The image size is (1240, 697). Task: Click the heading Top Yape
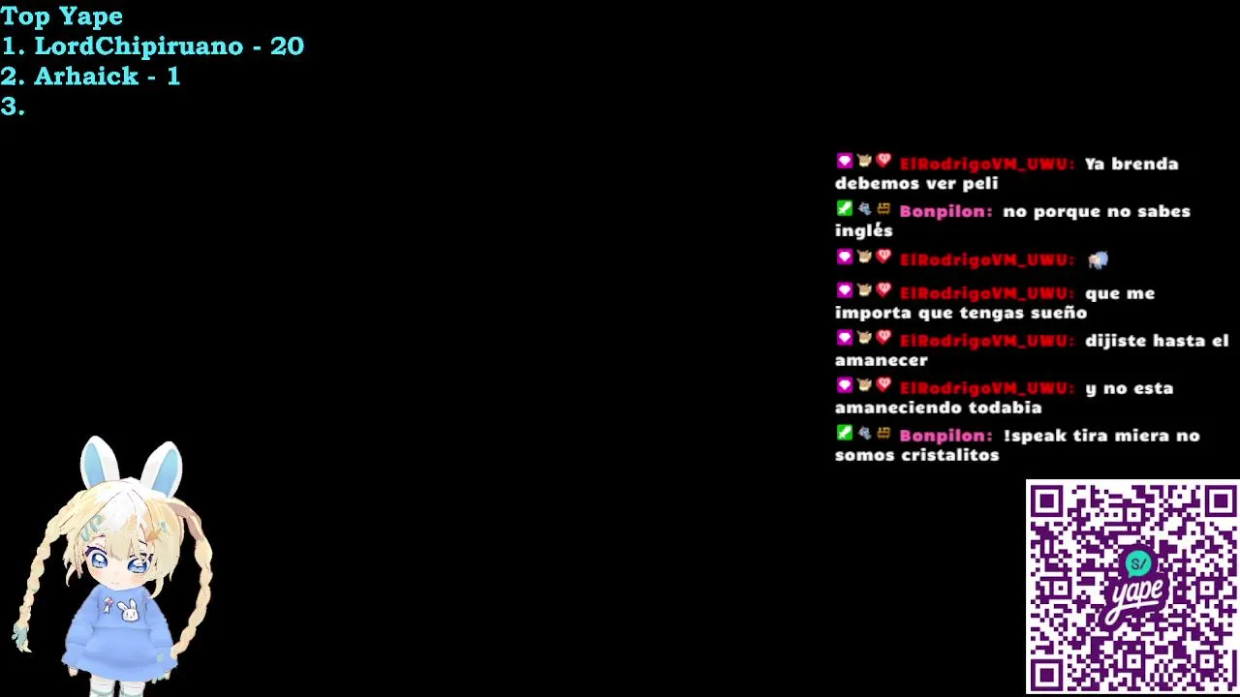pyautogui.click(x=61, y=16)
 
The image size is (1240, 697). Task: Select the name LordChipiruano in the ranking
pyautogui.click(x=139, y=45)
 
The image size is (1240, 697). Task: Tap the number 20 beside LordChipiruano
pyautogui.click(x=287, y=45)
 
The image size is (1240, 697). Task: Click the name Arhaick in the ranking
pyautogui.click(x=86, y=76)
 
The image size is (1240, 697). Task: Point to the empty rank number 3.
pyautogui.click(x=13, y=106)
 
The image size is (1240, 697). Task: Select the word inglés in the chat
pyautogui.click(x=863, y=230)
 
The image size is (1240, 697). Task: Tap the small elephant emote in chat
pyautogui.click(x=1098, y=259)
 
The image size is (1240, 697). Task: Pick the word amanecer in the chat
pyautogui.click(x=882, y=361)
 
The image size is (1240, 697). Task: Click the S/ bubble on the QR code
pyautogui.click(x=1138, y=564)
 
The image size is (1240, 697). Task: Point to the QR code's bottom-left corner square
pyautogui.click(x=1046, y=675)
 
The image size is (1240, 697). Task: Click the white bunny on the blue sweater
pyautogui.click(x=129, y=611)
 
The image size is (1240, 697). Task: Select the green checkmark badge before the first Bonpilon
pyautogui.click(x=844, y=208)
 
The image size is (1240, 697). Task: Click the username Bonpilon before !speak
pyautogui.click(x=945, y=436)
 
